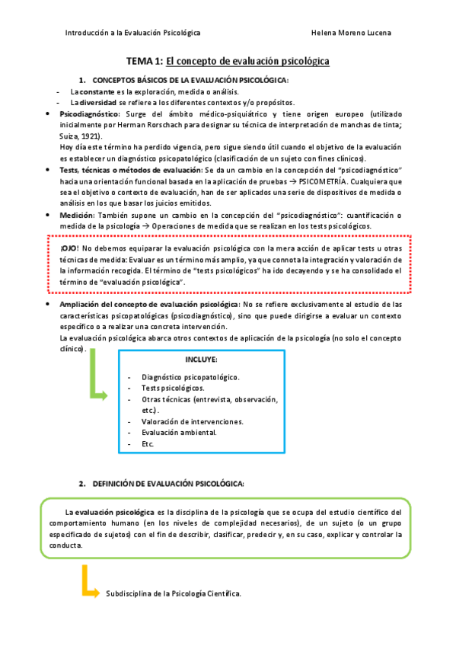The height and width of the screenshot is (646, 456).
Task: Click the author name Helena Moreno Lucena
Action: point(352,34)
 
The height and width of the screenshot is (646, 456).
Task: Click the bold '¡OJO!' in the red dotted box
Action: point(69,249)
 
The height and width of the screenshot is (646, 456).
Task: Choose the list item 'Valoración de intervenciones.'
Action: point(193,421)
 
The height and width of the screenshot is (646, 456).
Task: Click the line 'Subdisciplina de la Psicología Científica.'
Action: point(174,593)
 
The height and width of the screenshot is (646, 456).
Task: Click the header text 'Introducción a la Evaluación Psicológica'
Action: point(133,34)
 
